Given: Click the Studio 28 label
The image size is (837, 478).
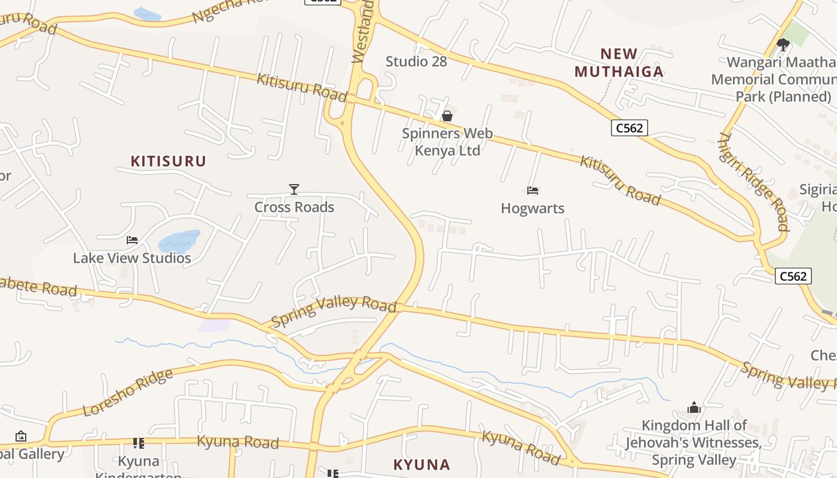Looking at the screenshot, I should click(x=416, y=61).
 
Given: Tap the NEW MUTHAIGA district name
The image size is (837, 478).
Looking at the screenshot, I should click(x=619, y=63).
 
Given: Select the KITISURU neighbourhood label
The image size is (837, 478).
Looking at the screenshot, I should click(x=168, y=161).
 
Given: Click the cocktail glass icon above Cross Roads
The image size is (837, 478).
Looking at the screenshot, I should click(x=294, y=189).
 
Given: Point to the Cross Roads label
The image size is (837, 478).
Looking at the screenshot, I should click(x=294, y=207).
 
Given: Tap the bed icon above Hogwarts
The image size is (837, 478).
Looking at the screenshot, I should click(x=533, y=191).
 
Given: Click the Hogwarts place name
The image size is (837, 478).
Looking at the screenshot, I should click(x=533, y=209).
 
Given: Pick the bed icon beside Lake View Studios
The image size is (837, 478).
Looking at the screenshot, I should click(x=132, y=240).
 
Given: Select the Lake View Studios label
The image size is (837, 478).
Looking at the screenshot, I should click(x=132, y=258).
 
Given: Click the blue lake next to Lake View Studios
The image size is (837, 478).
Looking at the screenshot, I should click(x=178, y=241).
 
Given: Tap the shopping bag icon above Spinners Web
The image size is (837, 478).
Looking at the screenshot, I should click(x=447, y=115).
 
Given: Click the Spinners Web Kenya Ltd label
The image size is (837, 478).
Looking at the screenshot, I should click(x=447, y=142).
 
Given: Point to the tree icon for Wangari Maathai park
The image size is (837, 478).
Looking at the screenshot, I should click(x=783, y=44).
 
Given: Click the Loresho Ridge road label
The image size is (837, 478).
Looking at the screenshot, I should click(x=128, y=393).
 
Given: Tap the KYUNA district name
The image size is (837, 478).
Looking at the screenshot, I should click(x=421, y=465).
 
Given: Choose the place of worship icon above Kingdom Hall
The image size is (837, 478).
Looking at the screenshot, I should click(x=694, y=407).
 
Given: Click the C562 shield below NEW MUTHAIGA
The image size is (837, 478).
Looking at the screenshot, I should click(x=630, y=127).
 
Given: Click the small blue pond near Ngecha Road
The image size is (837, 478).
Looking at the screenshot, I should click(x=147, y=14).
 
